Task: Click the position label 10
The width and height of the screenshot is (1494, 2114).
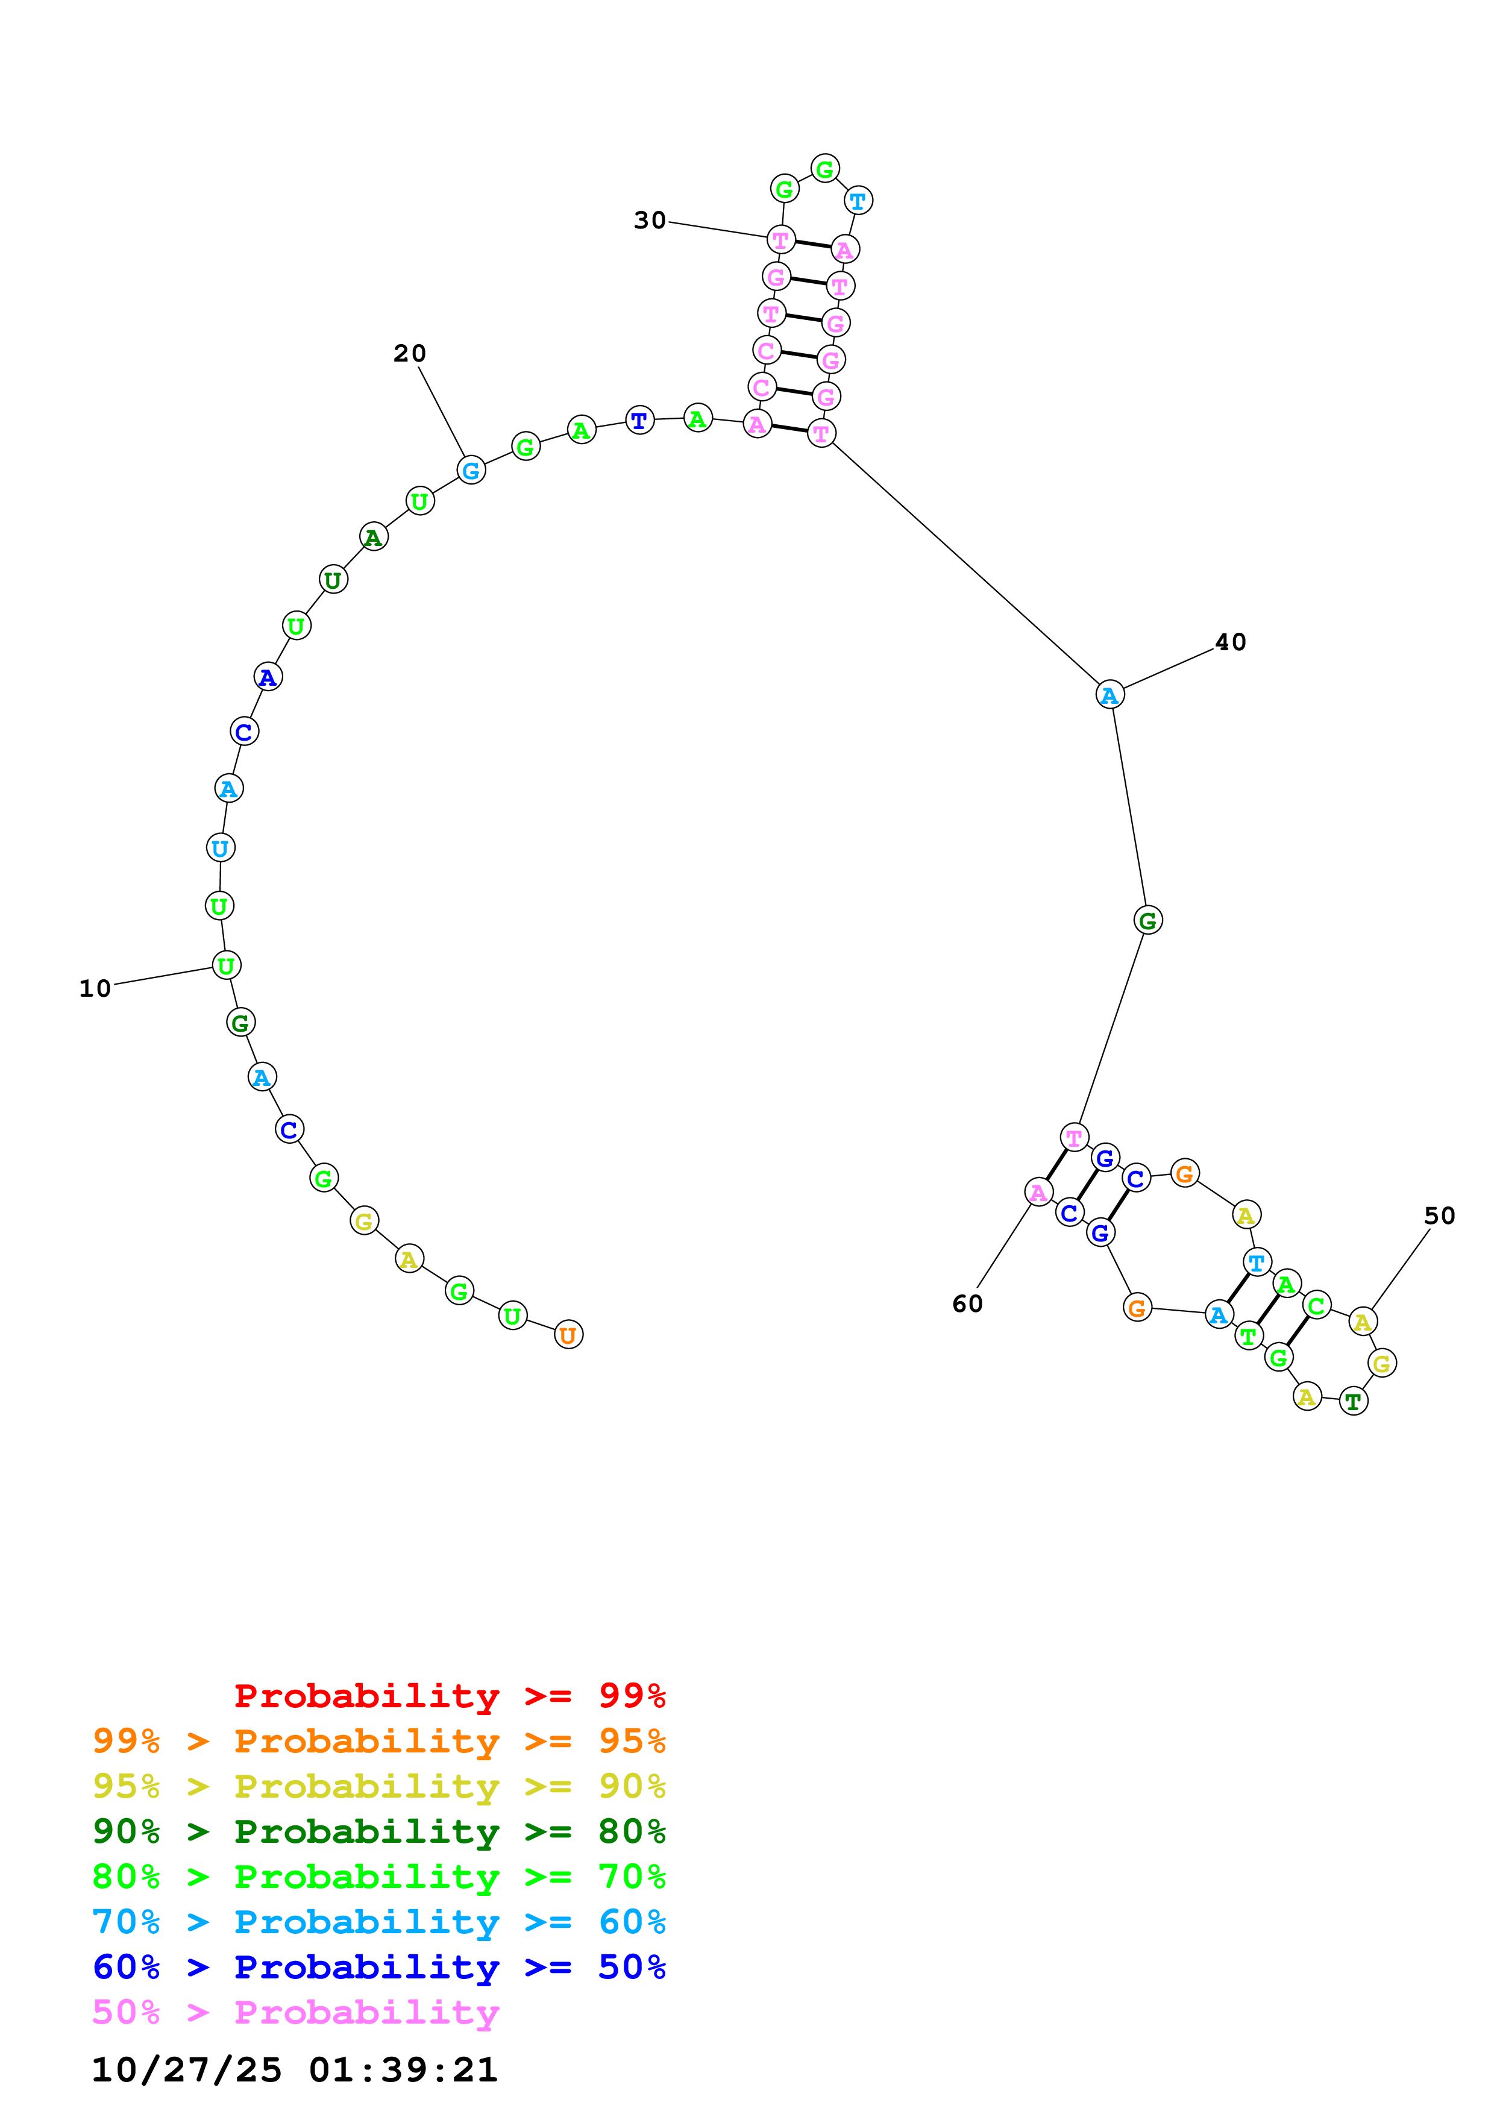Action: pyautogui.click(x=95, y=989)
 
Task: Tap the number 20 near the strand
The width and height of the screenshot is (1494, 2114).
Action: pyautogui.click(x=410, y=354)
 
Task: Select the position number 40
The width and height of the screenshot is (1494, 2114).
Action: pyautogui.click(x=1230, y=642)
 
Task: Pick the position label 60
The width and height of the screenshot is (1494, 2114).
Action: pyautogui.click(x=967, y=1303)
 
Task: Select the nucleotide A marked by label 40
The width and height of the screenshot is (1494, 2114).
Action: pyautogui.click(x=1110, y=695)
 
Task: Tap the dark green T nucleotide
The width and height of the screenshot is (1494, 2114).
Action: pyautogui.click(x=1352, y=1401)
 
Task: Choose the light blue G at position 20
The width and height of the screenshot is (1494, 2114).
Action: pyautogui.click(x=471, y=471)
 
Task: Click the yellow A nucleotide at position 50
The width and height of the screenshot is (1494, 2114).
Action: pyautogui.click(x=1363, y=1322)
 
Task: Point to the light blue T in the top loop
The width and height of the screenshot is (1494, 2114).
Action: pyautogui.click(x=858, y=201)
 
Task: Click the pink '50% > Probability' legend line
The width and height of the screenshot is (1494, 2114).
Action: pyautogui.click(x=295, y=2013)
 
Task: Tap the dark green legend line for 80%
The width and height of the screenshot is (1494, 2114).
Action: pyautogui.click(x=378, y=1831)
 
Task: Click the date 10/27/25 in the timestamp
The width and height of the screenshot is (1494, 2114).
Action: pyautogui.click(x=186, y=2070)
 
